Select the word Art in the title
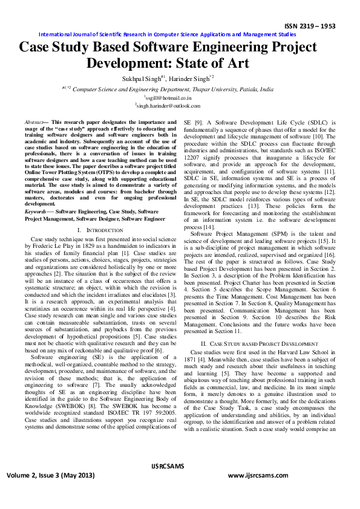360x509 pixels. click(x=236, y=63)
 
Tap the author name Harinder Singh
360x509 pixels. click(x=191, y=78)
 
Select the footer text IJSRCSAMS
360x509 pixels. click(x=180, y=467)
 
